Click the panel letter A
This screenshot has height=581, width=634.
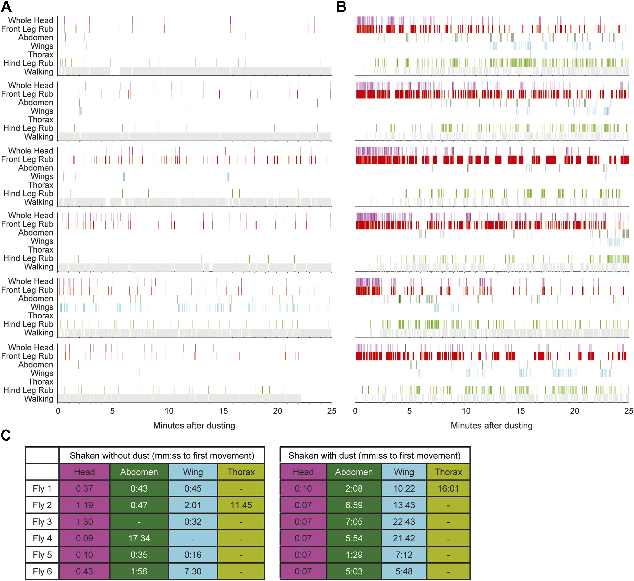[x=6, y=7]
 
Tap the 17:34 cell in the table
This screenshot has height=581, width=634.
[x=139, y=538]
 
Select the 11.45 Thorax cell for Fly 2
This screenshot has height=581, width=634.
[x=241, y=505]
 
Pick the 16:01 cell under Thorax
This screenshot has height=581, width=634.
[x=448, y=488]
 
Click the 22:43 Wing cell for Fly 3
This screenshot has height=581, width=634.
[x=404, y=522]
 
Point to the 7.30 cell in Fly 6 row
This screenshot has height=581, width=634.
[x=193, y=571]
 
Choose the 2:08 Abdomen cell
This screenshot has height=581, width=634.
[x=354, y=488]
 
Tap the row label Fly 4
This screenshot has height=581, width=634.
[x=42, y=538]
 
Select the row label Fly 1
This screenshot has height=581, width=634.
[x=42, y=488]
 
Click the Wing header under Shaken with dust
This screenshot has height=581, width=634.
[x=404, y=472]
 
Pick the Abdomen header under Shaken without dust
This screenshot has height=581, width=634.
[x=139, y=472]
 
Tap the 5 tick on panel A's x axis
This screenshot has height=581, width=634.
[x=112, y=411]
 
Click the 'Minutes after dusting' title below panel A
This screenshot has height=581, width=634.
[x=194, y=426]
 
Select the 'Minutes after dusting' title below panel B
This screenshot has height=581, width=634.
[x=492, y=426]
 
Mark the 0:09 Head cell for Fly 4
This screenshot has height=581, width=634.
[x=84, y=538]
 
